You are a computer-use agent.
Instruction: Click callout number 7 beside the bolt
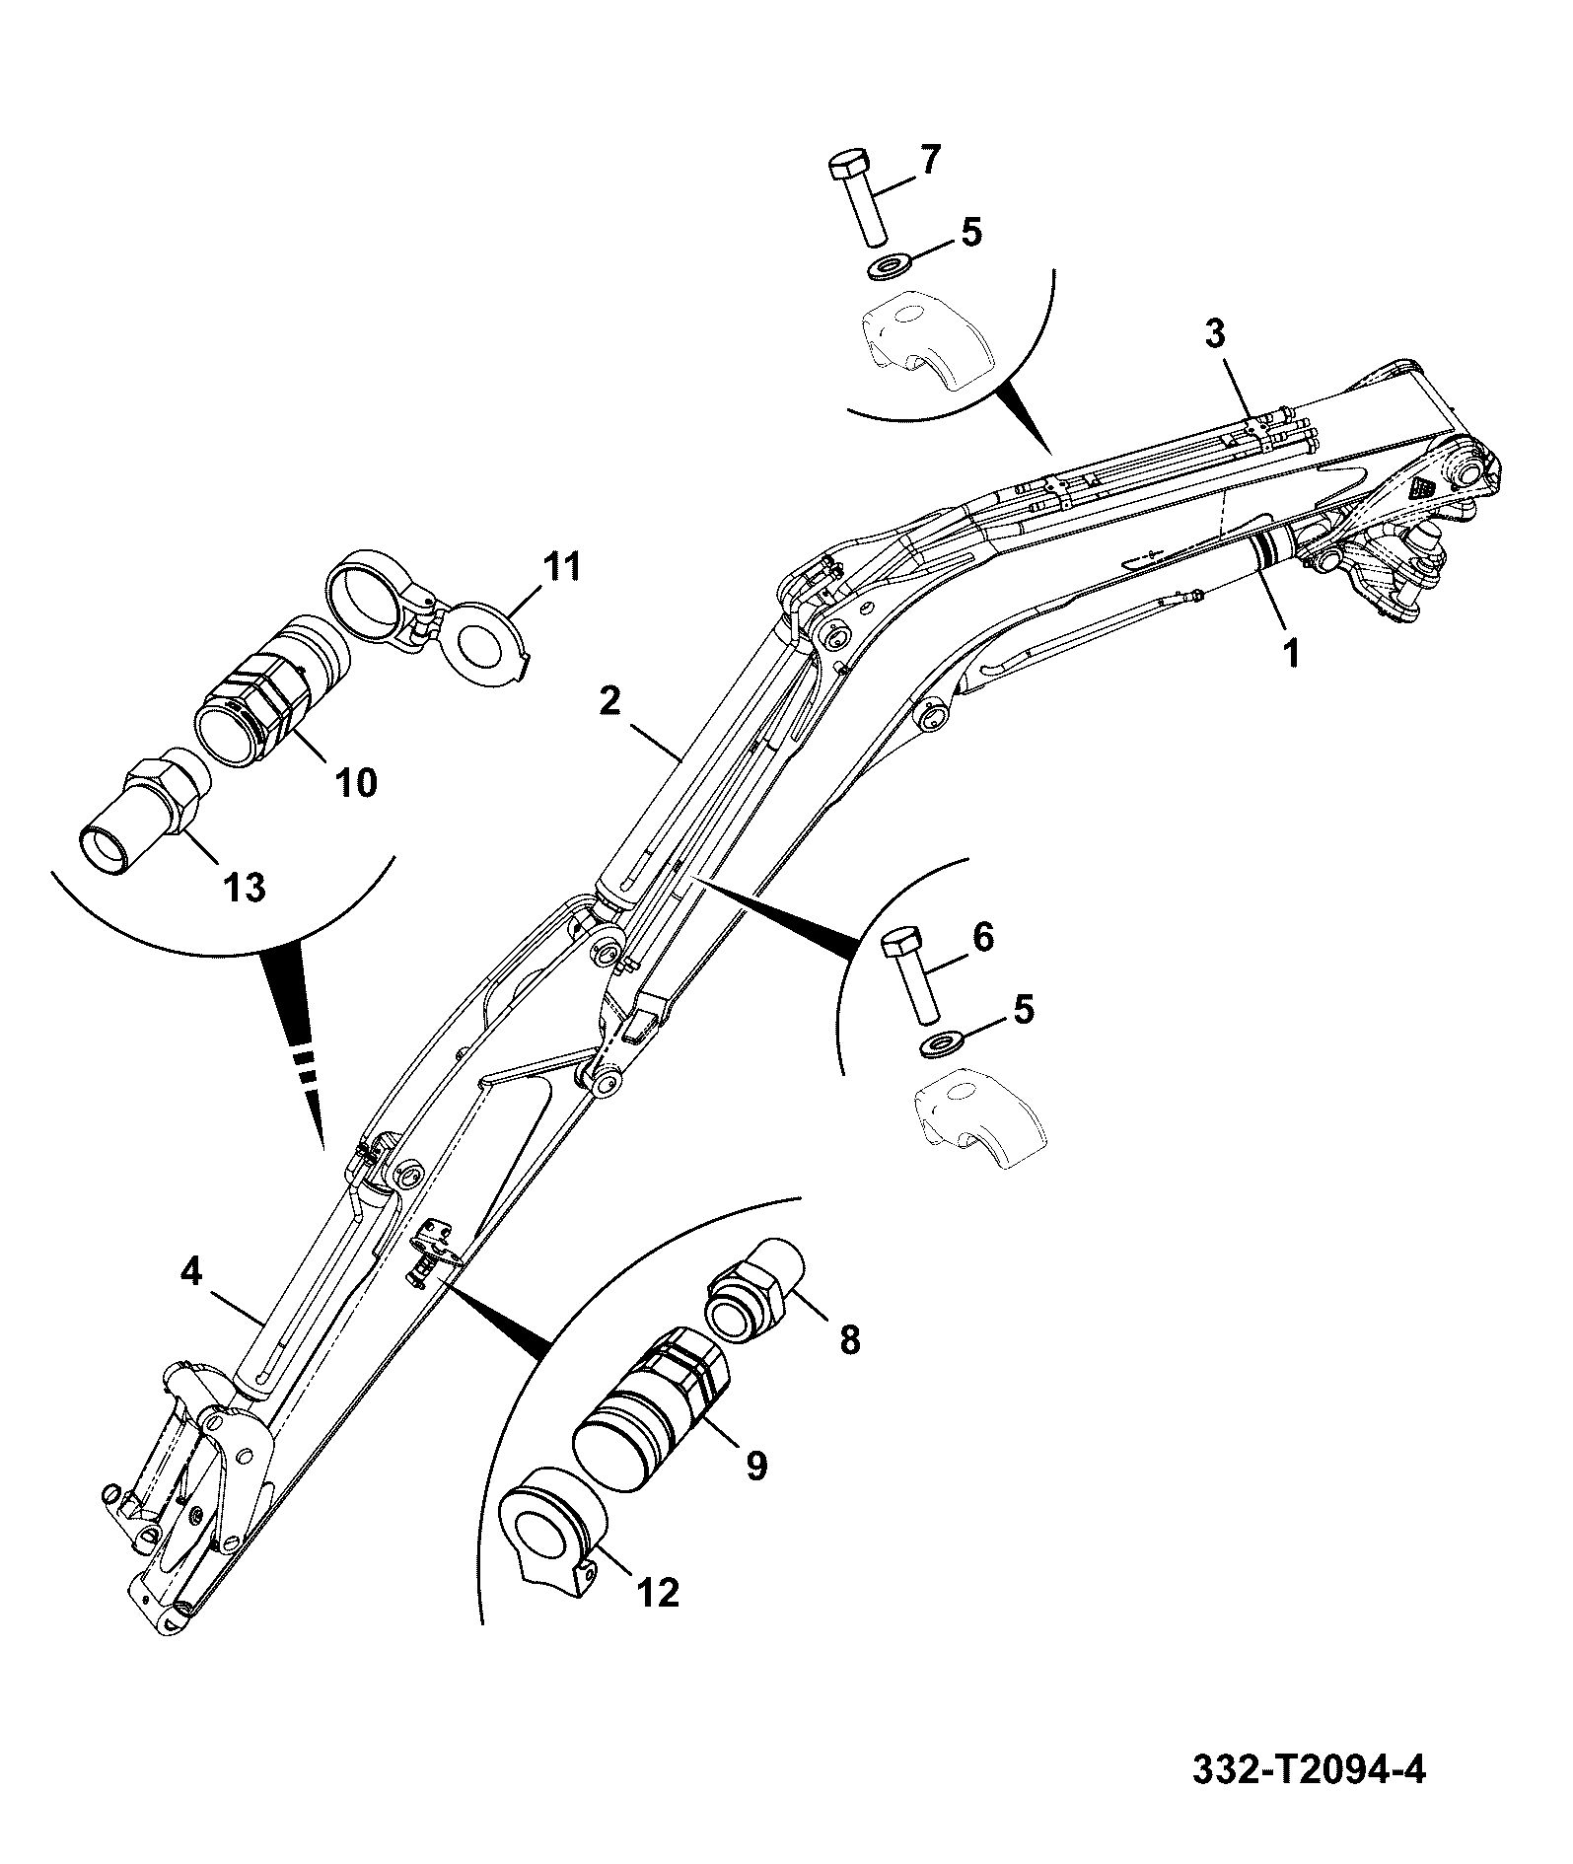(930, 160)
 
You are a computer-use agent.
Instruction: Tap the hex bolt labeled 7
(854, 198)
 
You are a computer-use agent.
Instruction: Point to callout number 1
(1290, 652)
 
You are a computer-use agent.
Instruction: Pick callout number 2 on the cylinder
(609, 701)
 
